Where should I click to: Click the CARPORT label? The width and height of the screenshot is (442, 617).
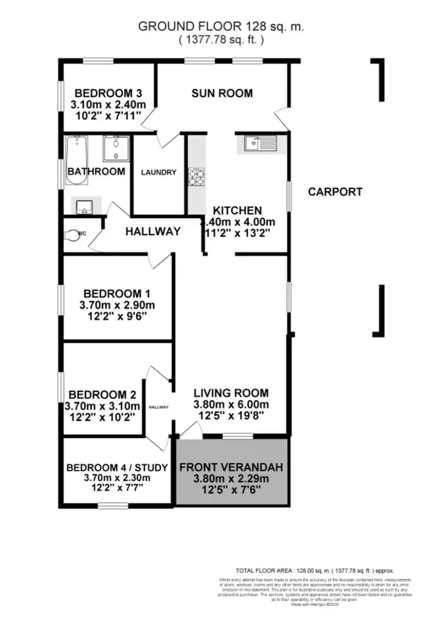pos(335,192)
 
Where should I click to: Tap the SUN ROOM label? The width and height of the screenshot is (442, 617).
pos(222,93)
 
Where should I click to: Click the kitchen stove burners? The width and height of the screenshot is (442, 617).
pos(196,177)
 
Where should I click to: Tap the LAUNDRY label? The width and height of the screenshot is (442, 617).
pos(158,173)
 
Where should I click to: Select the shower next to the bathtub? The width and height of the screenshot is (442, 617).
pos(116,149)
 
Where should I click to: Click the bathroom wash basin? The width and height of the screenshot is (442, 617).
pos(82,206)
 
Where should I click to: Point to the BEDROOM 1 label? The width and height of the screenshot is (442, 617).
pos(117,293)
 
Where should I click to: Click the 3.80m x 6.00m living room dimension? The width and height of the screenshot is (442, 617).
pos(232,404)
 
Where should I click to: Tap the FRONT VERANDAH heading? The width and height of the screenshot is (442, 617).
pos(231,467)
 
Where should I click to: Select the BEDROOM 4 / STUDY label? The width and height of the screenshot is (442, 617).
pos(117,468)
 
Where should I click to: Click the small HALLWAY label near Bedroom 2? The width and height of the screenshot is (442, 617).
pos(159,407)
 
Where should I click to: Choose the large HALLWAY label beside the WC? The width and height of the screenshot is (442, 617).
pos(153,232)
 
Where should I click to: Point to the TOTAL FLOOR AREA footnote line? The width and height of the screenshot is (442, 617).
pos(314,570)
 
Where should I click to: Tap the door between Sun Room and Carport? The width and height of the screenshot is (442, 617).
pos(282,123)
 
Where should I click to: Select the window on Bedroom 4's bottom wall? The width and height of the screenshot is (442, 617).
pos(113,505)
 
